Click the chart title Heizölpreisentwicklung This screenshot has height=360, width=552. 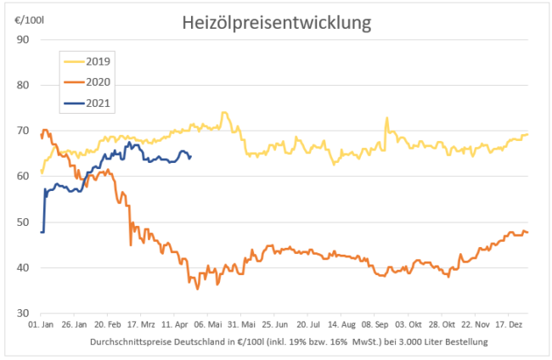pos(277,22)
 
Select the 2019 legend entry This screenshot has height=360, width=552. pos(99,61)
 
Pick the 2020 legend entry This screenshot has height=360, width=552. pos(99,82)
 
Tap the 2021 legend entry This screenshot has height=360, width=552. pos(99,104)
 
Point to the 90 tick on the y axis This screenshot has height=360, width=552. pos(24,39)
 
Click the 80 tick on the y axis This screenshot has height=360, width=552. pos(24,85)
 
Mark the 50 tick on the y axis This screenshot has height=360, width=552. pos(24,222)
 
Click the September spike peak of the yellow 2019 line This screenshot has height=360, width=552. pos(386,118)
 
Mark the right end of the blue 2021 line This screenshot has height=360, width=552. pos(190,156)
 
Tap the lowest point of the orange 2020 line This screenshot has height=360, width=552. pos(198,289)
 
